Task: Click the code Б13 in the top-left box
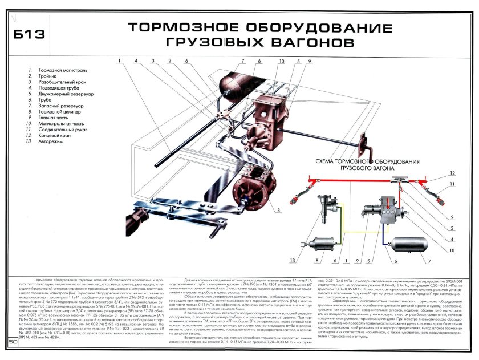coord(31,35)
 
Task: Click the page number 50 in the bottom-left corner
coord(13,342)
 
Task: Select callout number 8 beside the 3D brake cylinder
coord(280,209)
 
